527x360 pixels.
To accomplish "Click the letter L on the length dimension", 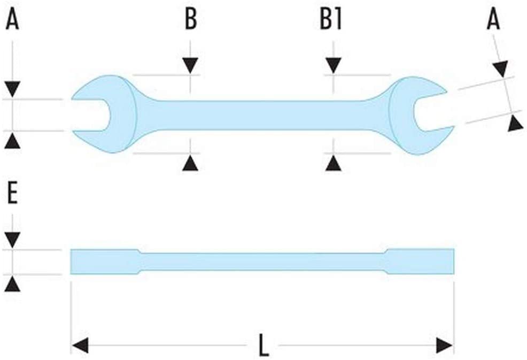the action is pyautogui.click(x=264, y=345).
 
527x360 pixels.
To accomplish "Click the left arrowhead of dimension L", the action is pyautogui.click(x=80, y=345).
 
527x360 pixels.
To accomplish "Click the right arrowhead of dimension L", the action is pyautogui.click(x=444, y=345).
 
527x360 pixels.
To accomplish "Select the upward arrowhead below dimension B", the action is pyautogui.click(x=190, y=163).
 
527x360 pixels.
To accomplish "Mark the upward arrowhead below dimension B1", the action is pyautogui.click(x=334, y=163).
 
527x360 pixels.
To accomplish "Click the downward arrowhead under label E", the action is pyautogui.click(x=12, y=240).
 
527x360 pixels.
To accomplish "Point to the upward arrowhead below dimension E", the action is pyautogui.click(x=12, y=284).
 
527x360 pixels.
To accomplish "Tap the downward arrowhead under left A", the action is pyautogui.click(x=12, y=89).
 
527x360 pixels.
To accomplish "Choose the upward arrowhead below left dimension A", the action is pyautogui.click(x=12, y=141).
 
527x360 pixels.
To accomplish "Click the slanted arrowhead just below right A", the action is pyautogui.click(x=502, y=69).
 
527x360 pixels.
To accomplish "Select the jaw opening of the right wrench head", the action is pyautogui.click(x=433, y=112).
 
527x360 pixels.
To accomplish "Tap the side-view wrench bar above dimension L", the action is pyautogui.click(x=262, y=262).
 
